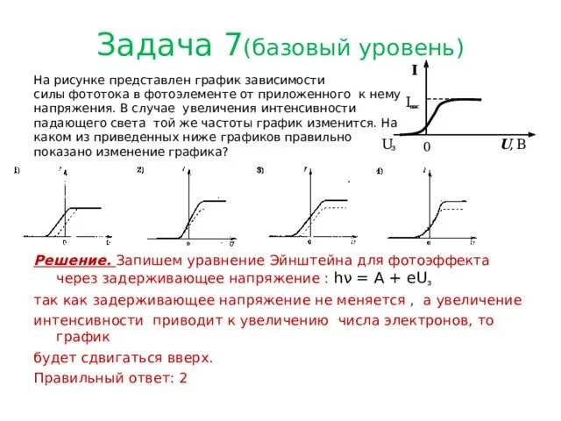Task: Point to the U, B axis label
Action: coord(513,144)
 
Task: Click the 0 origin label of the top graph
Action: coord(427,148)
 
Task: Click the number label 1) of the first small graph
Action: coord(17,169)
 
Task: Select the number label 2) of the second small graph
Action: coord(140,169)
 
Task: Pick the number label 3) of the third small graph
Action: coord(260,169)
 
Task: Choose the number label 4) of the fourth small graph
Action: coord(380,169)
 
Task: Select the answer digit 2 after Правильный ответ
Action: coord(182,378)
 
